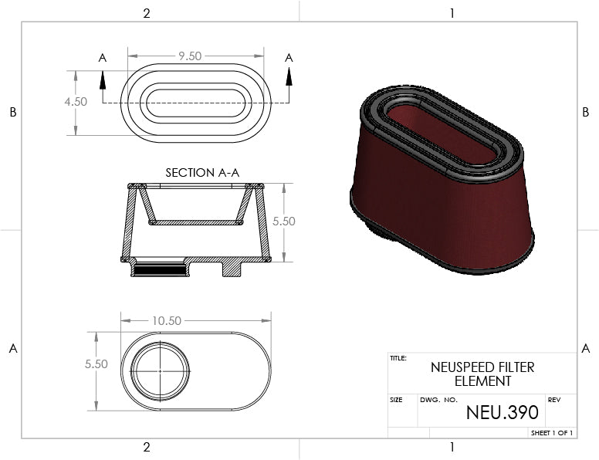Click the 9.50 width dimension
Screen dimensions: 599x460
pos(190,56)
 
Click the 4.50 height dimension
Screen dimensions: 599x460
pos(76,102)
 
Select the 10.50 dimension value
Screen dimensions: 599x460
pos(167,321)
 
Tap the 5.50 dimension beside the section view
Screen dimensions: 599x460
pos(284,222)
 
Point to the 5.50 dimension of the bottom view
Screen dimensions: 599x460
pos(96,364)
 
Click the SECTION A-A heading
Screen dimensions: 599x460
pos(202,173)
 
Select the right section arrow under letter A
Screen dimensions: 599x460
pos(289,76)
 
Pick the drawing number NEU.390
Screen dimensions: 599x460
pos(503,412)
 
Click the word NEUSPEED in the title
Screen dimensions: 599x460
pos(458,367)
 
